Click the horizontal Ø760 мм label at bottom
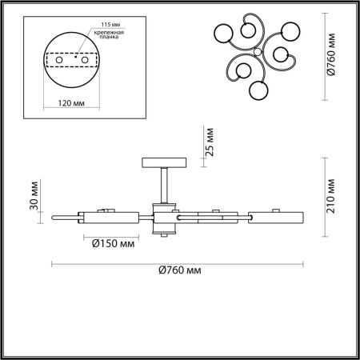pyautogui.click(x=175, y=272)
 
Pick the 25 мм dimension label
pyautogui.click(x=210, y=142)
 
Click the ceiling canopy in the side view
pyautogui.click(x=163, y=162)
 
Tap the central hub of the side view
pyautogui.click(x=163, y=217)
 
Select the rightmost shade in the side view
pyautogui.click(x=276, y=216)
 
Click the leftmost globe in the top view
pyautogui.click(x=225, y=34)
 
